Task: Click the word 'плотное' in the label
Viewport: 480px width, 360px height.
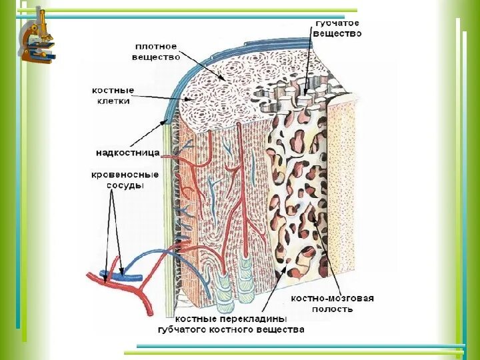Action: coord(156,47)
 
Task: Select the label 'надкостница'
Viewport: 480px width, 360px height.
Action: coord(127,153)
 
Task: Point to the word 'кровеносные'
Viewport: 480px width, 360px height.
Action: coord(125,175)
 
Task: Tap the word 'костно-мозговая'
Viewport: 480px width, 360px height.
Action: coord(332,298)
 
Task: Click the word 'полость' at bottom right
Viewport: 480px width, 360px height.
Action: coord(332,309)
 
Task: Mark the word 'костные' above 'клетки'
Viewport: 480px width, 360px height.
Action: coord(113,90)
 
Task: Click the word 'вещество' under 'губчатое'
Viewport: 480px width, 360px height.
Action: coord(338,33)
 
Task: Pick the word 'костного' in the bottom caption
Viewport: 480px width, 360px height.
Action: coord(235,329)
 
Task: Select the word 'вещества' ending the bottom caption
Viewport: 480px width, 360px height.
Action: coord(282,329)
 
